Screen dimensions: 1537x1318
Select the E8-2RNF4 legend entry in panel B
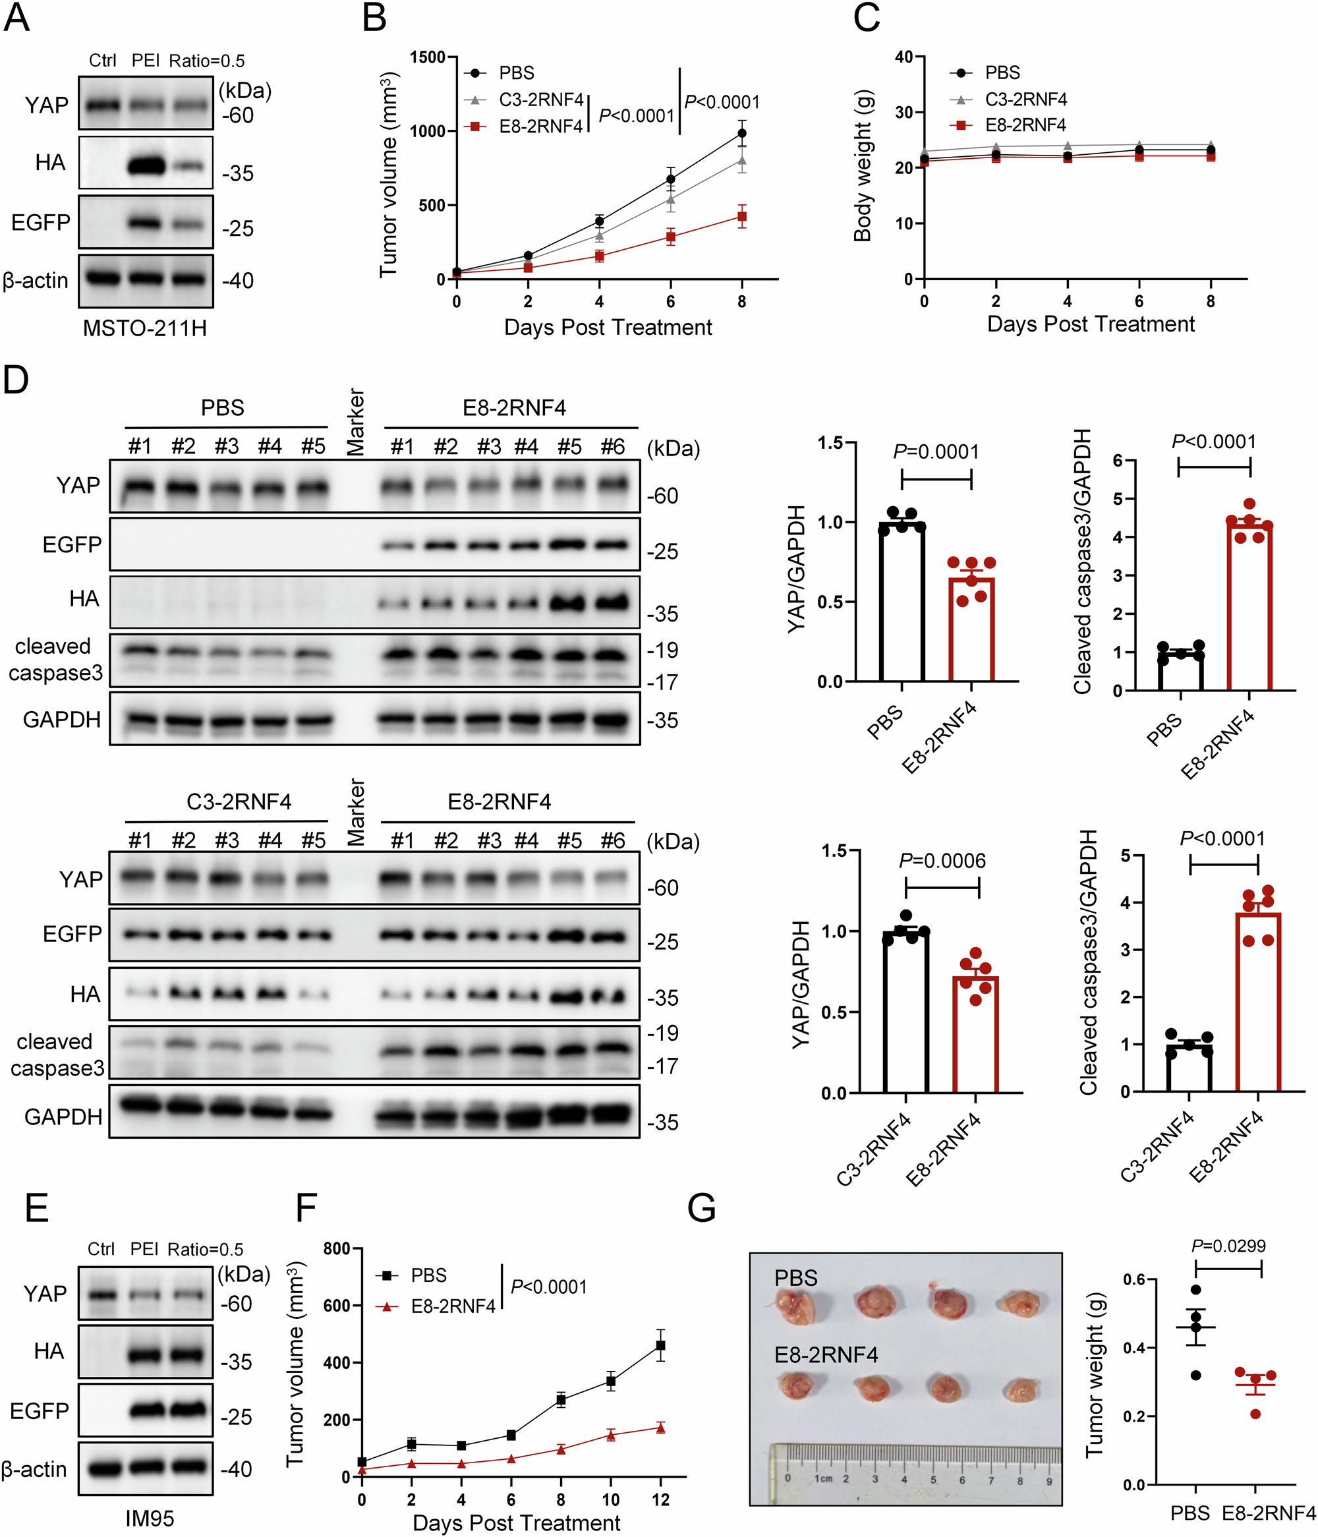pyautogui.click(x=540, y=126)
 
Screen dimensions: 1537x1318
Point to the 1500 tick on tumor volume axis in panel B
pyautogui.click(x=427, y=58)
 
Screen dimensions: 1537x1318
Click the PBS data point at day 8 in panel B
pyautogui.click(x=741, y=134)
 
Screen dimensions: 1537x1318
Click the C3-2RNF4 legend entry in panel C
pyautogui.click(x=1025, y=100)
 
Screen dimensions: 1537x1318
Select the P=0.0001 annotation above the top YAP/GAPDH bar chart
pyautogui.click(x=935, y=451)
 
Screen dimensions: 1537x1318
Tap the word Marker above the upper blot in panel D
pyautogui.click(x=355, y=421)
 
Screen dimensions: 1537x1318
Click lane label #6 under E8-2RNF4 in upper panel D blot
pyautogui.click(x=613, y=448)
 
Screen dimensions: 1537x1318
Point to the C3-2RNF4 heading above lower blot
pyautogui.click(x=239, y=802)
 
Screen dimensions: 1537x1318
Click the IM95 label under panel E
pyautogui.click(x=149, y=1519)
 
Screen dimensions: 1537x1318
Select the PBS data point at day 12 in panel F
pyautogui.click(x=660, y=1346)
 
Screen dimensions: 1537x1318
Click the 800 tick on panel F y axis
pyautogui.click(x=337, y=1248)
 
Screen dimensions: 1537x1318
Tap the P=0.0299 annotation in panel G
pyautogui.click(x=1228, y=1246)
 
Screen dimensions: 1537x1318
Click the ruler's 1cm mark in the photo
pyautogui.click(x=823, y=1478)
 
